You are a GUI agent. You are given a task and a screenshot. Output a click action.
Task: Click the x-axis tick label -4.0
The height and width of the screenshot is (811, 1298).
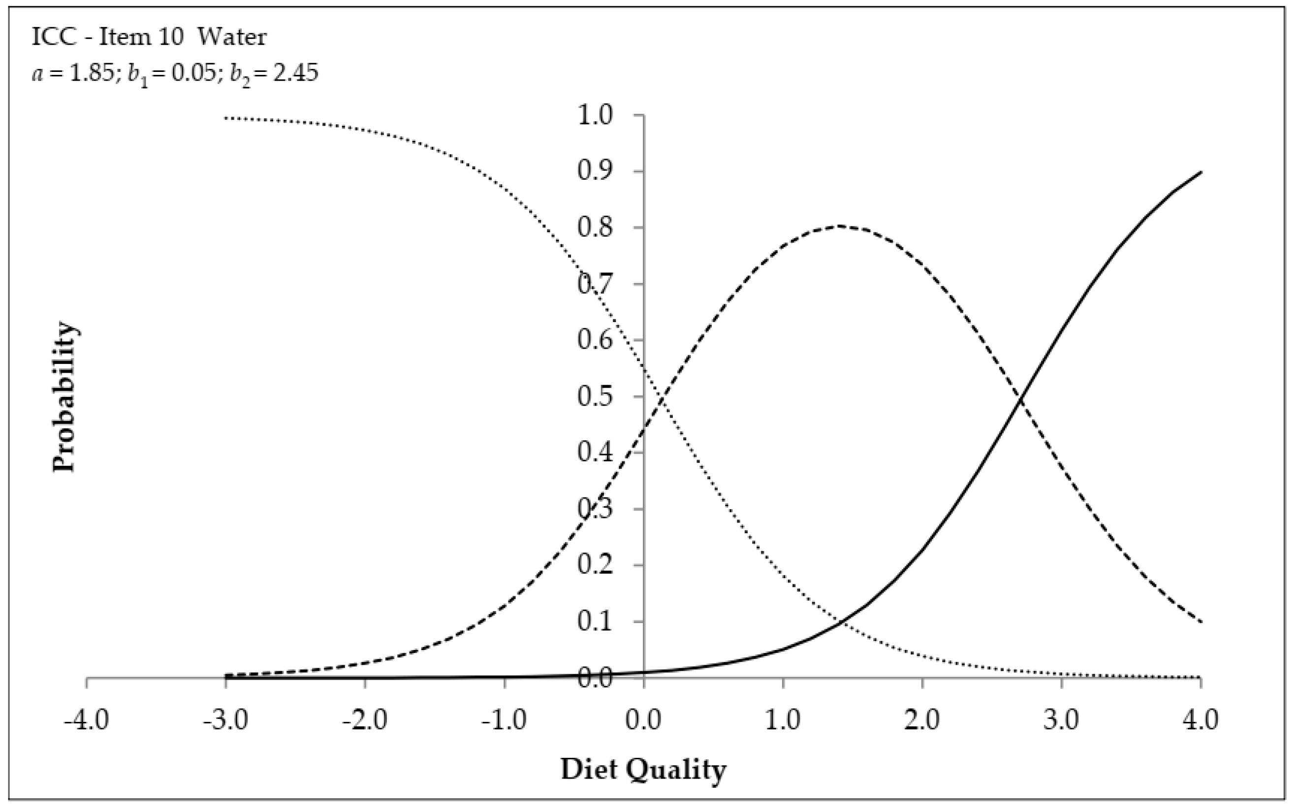point(86,720)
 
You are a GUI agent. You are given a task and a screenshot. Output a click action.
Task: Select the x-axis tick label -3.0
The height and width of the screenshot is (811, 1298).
point(226,720)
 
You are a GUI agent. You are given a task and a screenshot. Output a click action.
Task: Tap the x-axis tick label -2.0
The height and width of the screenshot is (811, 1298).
point(365,720)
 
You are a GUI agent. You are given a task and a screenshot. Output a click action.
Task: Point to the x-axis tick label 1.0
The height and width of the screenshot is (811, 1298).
point(783,720)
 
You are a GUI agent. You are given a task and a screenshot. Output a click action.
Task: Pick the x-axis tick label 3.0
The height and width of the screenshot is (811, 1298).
point(1062,720)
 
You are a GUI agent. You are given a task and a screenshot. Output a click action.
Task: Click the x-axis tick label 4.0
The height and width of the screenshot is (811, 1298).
point(1201,720)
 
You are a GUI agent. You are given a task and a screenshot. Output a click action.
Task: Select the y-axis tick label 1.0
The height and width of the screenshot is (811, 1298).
point(595,115)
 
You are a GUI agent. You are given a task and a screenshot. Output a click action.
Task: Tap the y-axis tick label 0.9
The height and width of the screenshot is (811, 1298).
point(595,172)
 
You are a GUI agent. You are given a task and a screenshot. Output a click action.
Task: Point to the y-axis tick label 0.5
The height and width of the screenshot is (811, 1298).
point(595,397)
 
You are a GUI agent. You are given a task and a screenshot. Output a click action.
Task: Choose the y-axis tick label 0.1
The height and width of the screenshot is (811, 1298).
point(595,622)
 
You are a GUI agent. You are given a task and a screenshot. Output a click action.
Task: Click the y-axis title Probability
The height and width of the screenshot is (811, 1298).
point(65,397)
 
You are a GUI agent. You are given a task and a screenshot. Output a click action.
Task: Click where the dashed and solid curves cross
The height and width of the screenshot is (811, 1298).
point(1021,398)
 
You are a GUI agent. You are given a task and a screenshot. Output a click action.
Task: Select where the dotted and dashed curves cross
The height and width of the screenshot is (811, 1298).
point(662,400)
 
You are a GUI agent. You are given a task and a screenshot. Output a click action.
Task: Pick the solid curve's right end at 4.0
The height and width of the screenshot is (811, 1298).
point(1201,172)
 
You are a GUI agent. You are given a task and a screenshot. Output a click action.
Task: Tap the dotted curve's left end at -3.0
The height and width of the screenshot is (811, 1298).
point(226,118)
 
